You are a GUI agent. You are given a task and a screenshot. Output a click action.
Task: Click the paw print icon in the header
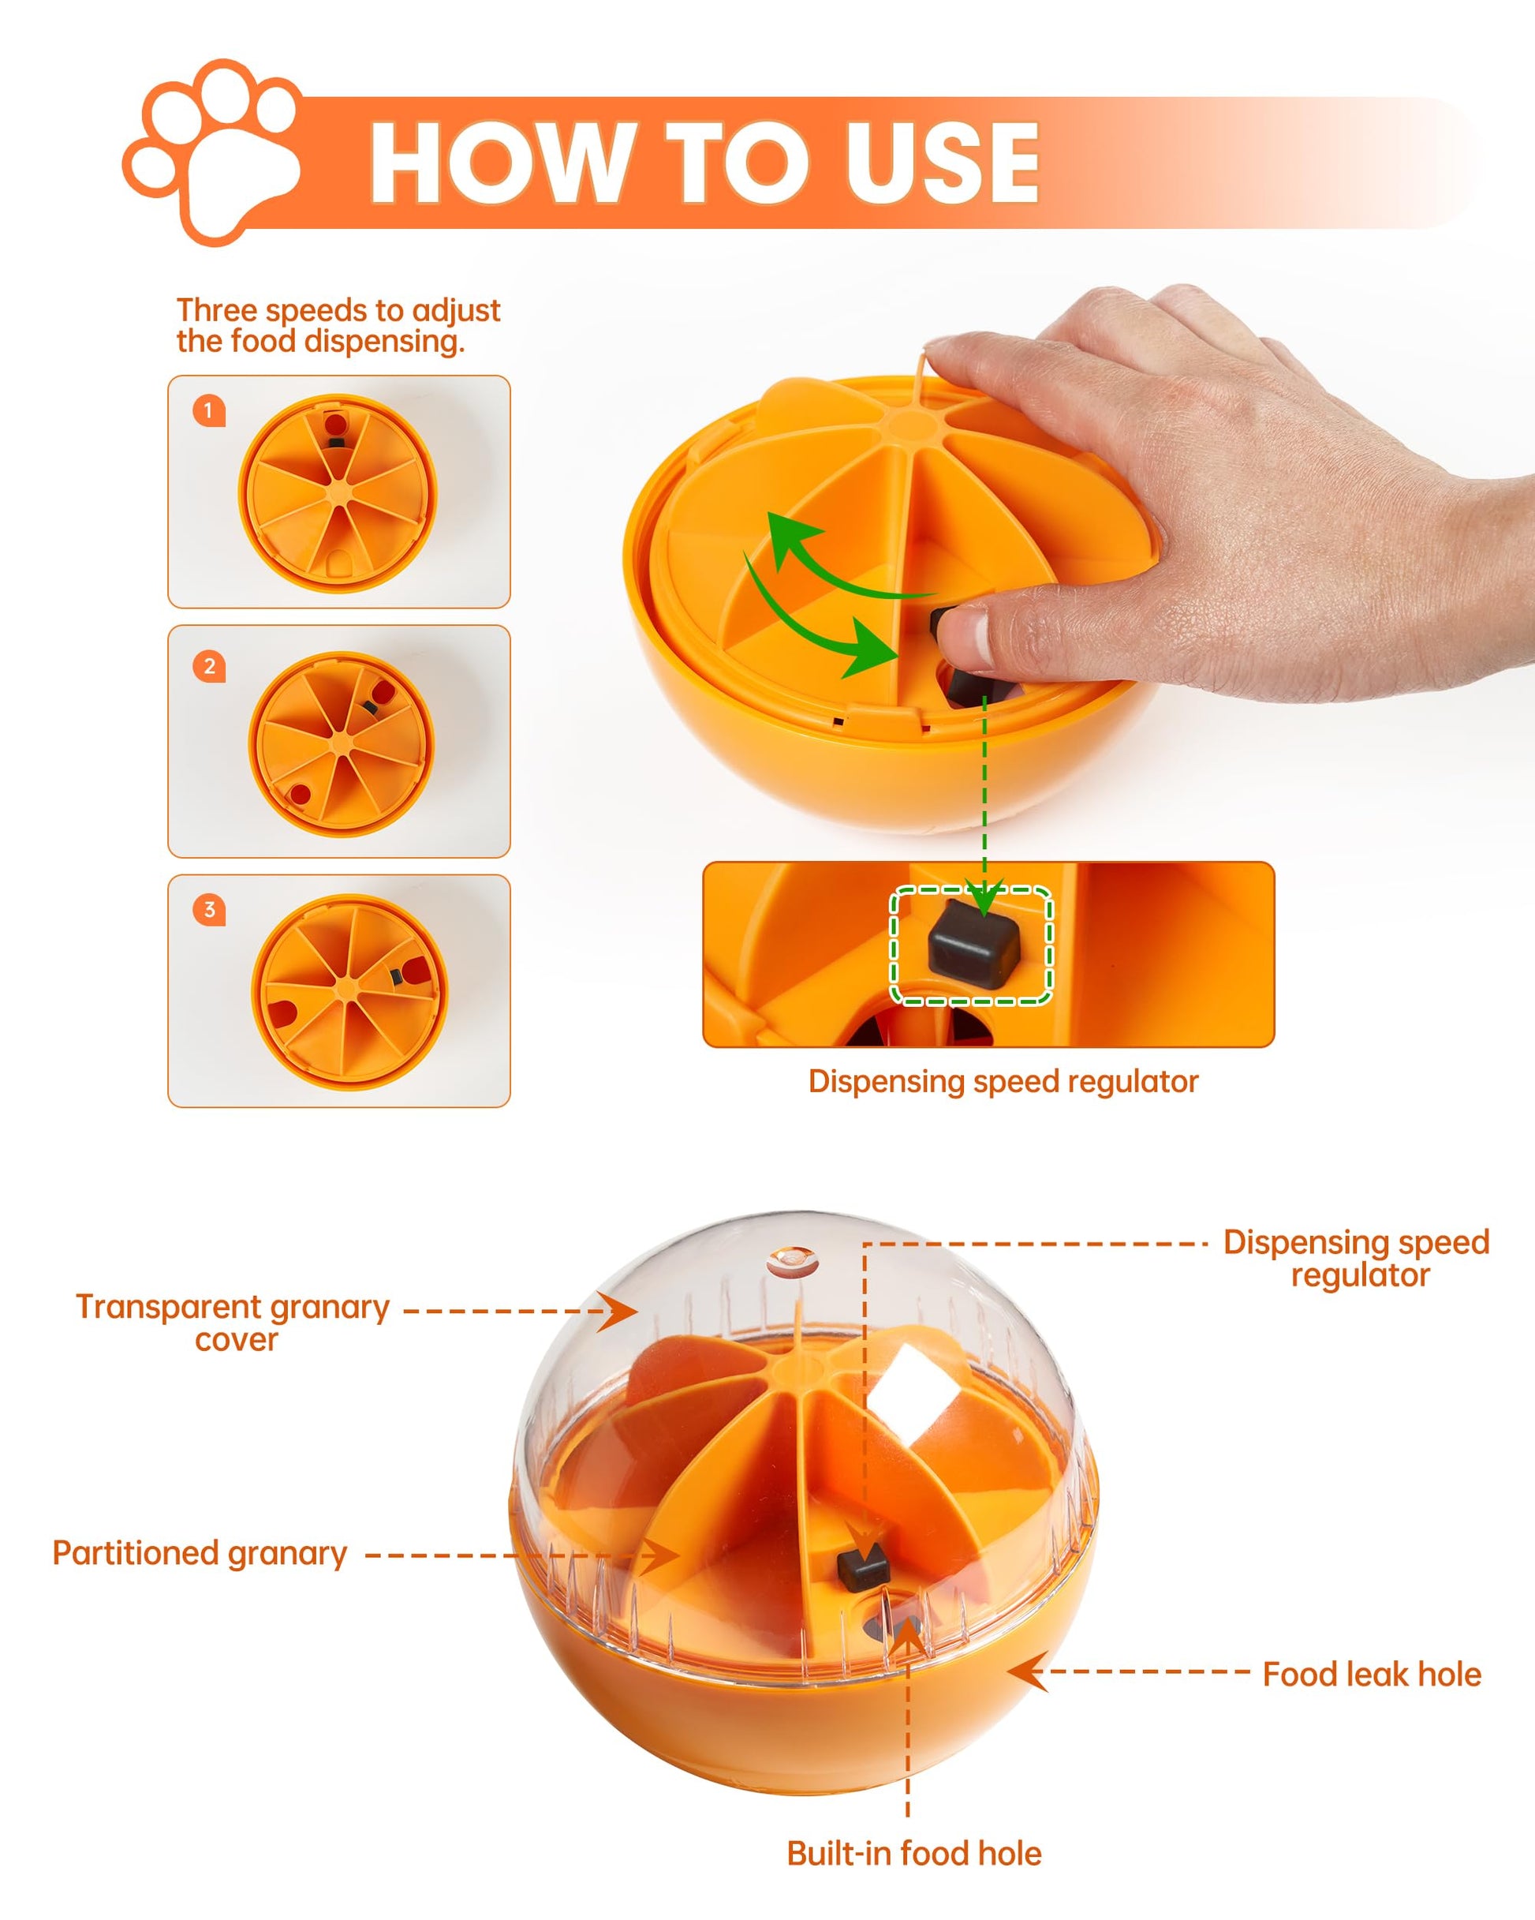211,152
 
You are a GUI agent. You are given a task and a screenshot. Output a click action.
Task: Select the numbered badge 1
209,410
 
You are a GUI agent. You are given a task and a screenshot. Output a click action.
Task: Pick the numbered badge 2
209,666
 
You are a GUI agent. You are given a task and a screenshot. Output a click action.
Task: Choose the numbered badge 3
209,909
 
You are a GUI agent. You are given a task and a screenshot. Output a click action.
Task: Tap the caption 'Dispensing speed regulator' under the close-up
1003,1081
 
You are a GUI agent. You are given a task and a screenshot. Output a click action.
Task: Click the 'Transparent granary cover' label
233,1323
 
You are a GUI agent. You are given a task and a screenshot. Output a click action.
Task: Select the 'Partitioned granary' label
200,1553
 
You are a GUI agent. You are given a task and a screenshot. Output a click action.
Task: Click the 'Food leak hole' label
1372,1675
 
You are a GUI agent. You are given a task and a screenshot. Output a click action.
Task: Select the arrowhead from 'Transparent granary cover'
618,1311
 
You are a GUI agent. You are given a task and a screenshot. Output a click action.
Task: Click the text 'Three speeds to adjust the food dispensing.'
338,326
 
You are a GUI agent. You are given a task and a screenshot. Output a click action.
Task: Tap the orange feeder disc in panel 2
342,743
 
